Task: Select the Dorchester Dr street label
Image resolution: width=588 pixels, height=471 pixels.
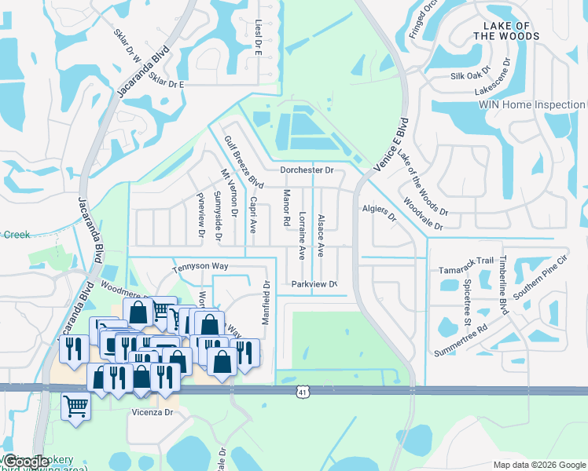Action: point(307,170)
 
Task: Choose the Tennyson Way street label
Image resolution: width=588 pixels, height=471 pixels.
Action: point(200,266)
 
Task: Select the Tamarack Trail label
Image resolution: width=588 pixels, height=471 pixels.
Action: point(466,261)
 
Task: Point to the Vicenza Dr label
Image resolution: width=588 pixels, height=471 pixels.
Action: point(152,411)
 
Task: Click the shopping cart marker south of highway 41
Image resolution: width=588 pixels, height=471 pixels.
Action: point(76,407)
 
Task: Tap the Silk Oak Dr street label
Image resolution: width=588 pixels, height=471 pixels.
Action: point(469,76)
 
